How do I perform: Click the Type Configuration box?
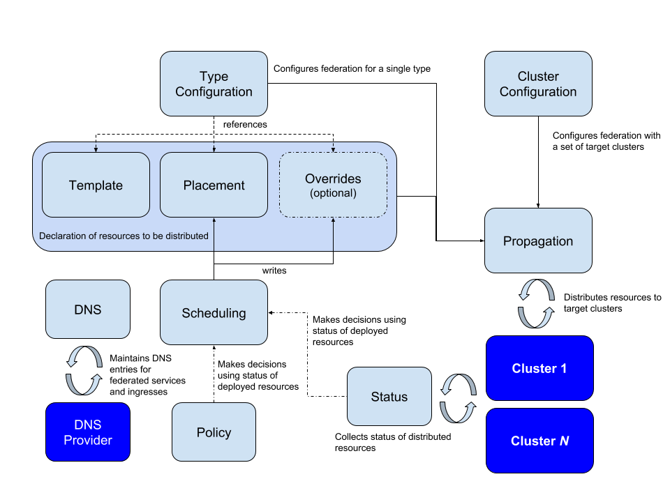[x=214, y=84]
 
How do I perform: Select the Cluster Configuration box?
[x=538, y=84]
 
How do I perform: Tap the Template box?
[x=96, y=185]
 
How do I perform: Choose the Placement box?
[x=214, y=185]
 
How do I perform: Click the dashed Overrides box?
[x=333, y=185]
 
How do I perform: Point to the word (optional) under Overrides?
[x=333, y=194]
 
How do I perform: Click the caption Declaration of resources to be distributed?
[x=124, y=236]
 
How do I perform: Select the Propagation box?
[x=538, y=241]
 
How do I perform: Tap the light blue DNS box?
[x=88, y=309]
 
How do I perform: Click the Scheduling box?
[x=214, y=312]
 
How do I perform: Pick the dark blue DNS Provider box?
[x=88, y=432]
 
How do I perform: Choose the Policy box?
[x=214, y=432]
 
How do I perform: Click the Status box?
[x=389, y=396]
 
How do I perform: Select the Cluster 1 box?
[x=539, y=368]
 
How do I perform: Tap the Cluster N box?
[x=539, y=441]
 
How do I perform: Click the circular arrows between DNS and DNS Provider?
[x=84, y=370]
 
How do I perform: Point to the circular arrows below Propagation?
[x=536, y=303]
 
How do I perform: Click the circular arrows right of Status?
[x=458, y=398]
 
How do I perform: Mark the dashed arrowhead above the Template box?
[x=96, y=148]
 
